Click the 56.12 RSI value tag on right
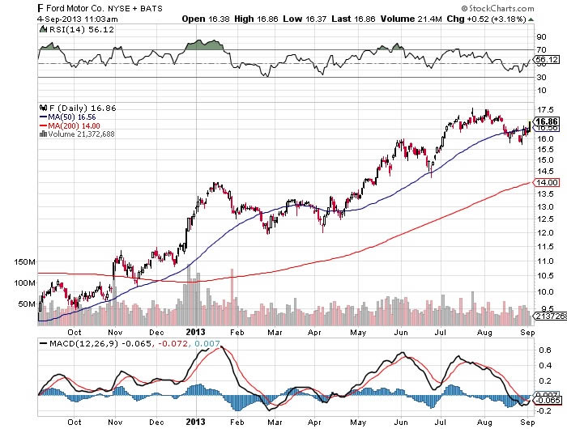click(548, 59)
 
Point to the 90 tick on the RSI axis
click(541, 36)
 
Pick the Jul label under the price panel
click(441, 331)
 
